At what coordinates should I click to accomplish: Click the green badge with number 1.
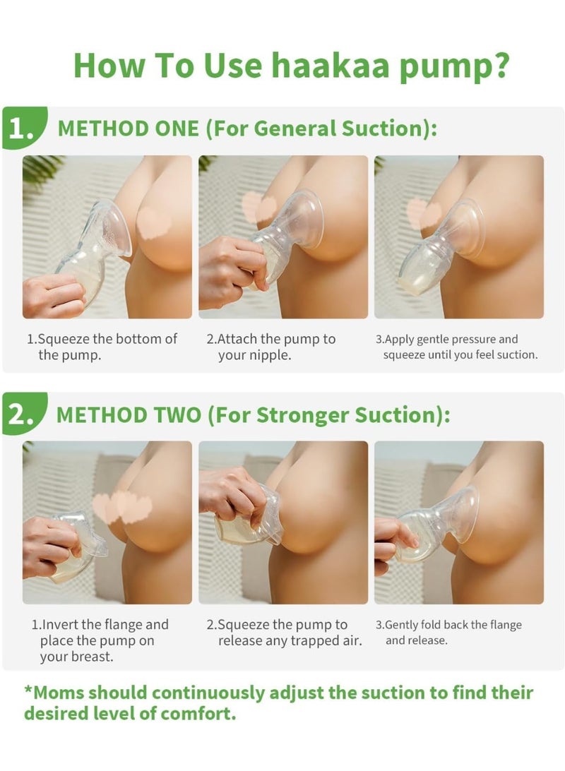coord(25,128)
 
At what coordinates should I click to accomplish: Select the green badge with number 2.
coord(25,414)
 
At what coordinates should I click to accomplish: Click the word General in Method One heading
coord(295,128)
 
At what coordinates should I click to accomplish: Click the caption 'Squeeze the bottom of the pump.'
coord(102,347)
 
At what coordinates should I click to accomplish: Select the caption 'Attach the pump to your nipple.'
coord(271,347)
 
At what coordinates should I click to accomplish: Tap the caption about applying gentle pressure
coord(457,347)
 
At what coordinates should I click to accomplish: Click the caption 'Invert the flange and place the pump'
coord(100,640)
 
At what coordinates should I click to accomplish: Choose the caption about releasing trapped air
coord(284,633)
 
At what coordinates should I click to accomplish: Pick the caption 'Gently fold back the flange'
coord(448,633)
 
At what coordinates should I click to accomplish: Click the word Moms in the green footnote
coord(54,693)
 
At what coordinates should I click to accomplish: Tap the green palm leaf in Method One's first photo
coord(42,169)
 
